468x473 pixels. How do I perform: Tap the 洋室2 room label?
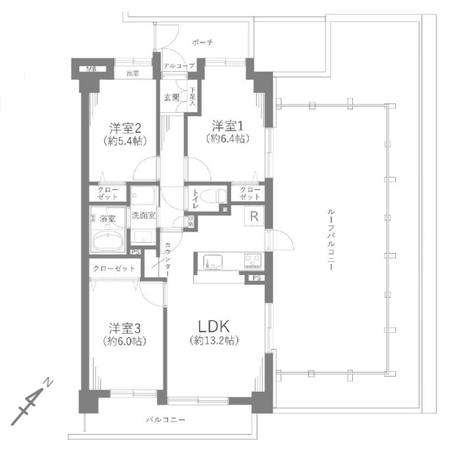pos(124,125)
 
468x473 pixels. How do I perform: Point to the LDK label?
pos(215,326)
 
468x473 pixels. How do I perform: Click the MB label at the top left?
pos(92,69)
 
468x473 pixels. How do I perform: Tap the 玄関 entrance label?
pos(172,97)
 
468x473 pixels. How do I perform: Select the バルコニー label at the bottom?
pos(165,420)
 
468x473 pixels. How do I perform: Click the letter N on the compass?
pos(48,384)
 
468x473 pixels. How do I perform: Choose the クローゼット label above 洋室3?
pos(114,268)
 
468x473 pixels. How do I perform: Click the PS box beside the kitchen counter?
pos(256,278)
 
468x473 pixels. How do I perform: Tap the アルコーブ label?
pos(179,66)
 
